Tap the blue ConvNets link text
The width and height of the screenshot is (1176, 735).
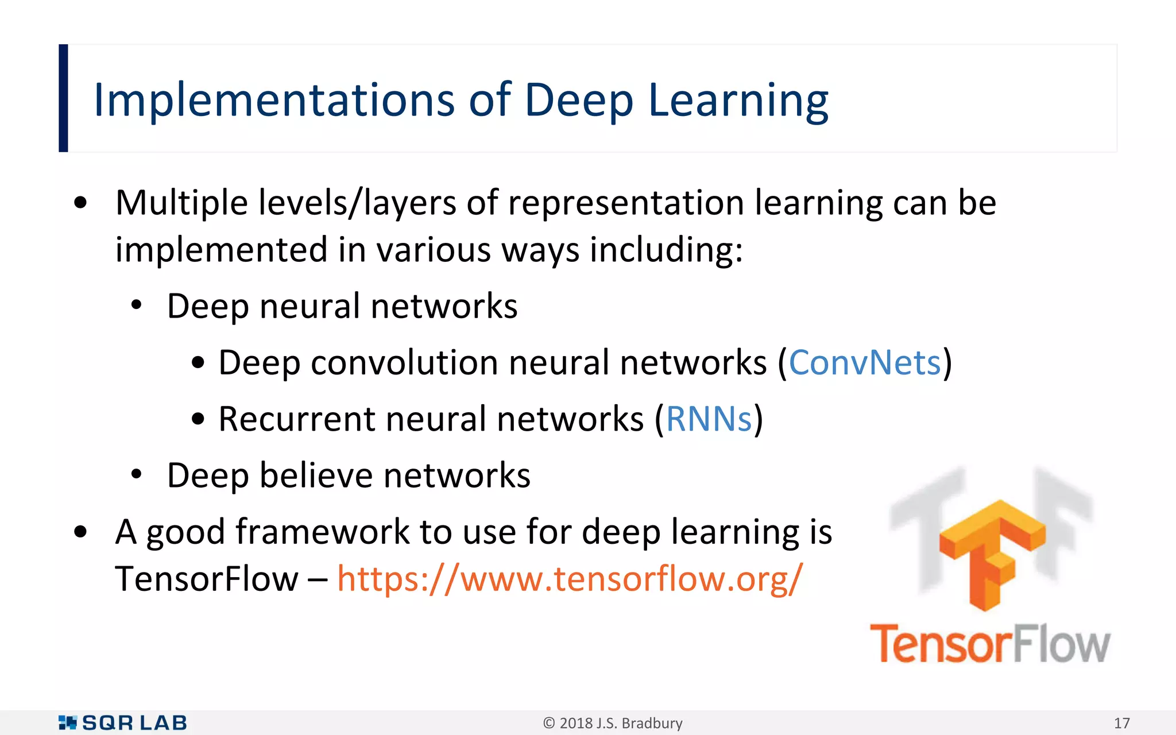pyautogui.click(x=865, y=363)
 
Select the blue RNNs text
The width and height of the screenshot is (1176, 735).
pyautogui.click(x=709, y=419)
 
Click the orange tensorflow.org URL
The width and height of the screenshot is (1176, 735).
pyautogui.click(x=570, y=579)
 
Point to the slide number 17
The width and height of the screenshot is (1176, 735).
pyautogui.click(x=1121, y=723)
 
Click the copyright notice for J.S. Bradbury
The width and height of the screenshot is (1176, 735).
pyautogui.click(x=613, y=723)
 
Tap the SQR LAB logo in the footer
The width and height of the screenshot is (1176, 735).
pyautogui.click(x=123, y=723)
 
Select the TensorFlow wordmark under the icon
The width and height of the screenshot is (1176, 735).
pyautogui.click(x=990, y=644)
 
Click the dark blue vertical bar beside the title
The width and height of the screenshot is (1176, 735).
pyautogui.click(x=63, y=98)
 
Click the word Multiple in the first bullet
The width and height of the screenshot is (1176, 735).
pyautogui.click(x=181, y=203)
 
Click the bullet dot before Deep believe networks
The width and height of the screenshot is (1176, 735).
pyautogui.click(x=136, y=475)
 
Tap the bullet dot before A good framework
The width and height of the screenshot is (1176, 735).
pyautogui.click(x=80, y=532)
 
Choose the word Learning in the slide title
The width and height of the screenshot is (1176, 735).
pyautogui.click(x=738, y=100)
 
